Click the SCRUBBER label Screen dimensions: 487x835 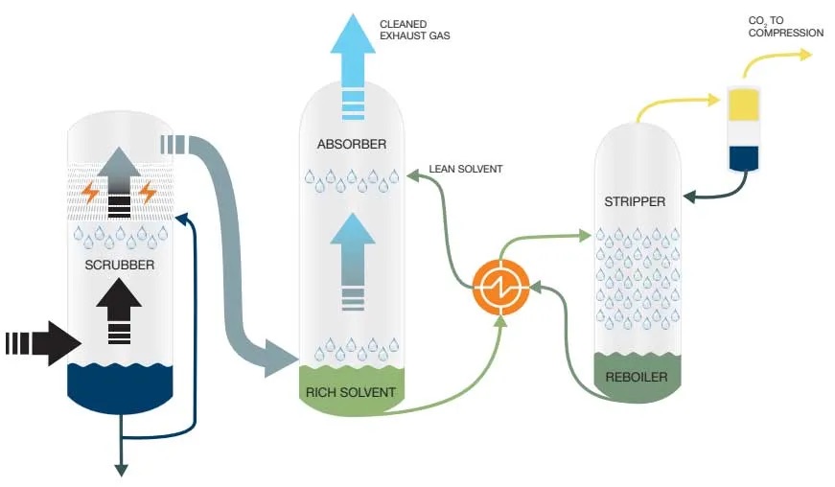tap(120, 264)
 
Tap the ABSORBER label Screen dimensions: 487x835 tap(351, 145)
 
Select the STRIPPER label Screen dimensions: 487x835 tap(635, 201)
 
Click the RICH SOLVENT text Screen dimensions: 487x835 tap(351, 391)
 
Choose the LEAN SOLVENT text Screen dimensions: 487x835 tap(466, 170)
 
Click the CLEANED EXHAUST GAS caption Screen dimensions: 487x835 tap(414, 30)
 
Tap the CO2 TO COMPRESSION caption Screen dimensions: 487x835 tap(785, 27)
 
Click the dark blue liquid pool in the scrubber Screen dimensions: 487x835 tap(120, 385)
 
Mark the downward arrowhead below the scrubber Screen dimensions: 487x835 tap(123, 469)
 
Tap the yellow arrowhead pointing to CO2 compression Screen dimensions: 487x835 tap(803, 54)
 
